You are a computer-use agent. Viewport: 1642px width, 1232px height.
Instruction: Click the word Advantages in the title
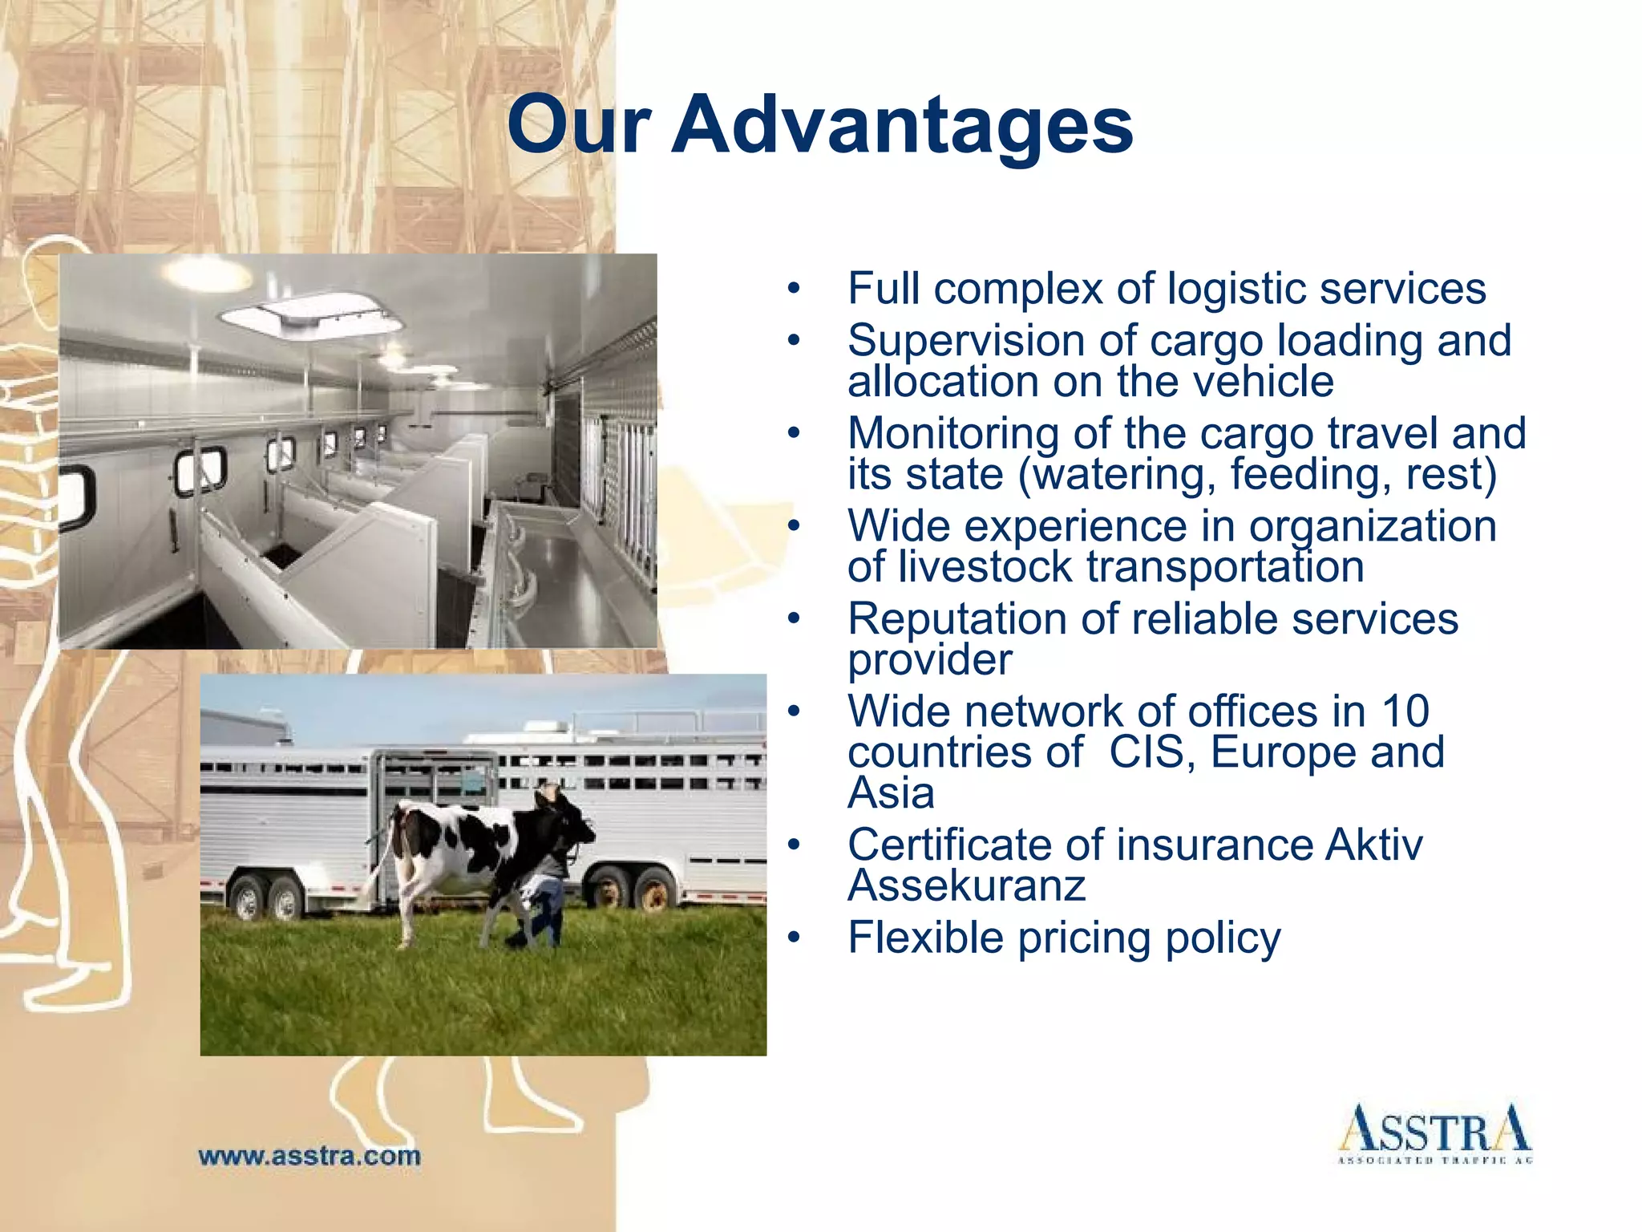[901, 125]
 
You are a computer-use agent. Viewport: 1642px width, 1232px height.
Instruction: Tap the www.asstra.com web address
[309, 1156]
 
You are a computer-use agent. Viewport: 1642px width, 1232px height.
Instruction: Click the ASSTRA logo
[1434, 1133]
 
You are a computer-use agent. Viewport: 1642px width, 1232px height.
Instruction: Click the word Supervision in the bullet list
[966, 340]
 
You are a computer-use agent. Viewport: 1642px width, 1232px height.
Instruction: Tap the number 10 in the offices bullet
[1405, 711]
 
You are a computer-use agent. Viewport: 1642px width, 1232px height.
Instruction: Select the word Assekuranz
[966, 885]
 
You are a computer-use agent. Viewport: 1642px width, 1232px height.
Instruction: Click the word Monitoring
[953, 433]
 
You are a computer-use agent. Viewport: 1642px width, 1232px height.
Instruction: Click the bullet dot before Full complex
[793, 289]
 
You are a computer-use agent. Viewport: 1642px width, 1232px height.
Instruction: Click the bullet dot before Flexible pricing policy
[793, 938]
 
